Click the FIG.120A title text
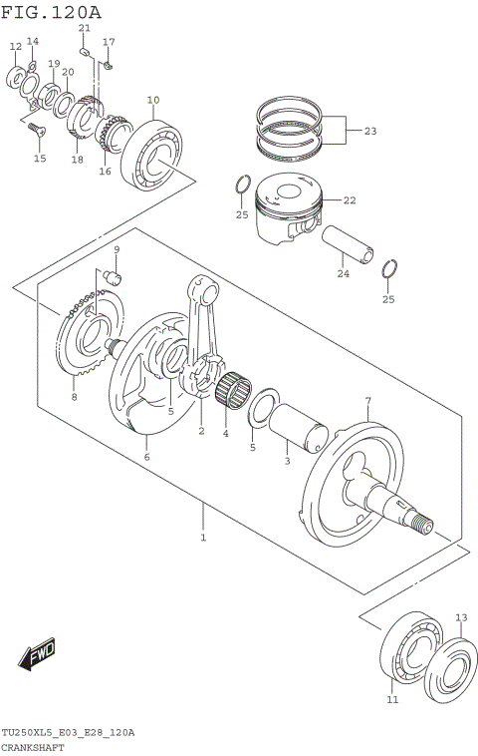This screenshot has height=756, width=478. pos(51,12)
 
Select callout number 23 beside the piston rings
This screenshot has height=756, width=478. pos(369,131)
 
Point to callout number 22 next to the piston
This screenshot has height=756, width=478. pos(349,200)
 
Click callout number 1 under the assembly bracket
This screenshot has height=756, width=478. pos(203,538)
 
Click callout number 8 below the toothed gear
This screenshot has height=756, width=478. pos(73,397)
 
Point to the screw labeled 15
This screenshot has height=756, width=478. pos(36,129)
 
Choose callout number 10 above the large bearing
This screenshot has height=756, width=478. pos(153,100)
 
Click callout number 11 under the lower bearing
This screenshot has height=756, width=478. pos(391,701)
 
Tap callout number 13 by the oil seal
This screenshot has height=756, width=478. pos(460,617)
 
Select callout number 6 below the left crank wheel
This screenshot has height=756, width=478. pos(146,456)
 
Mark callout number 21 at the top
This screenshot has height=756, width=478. pos(84,28)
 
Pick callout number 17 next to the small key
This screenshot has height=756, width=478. pos(109,43)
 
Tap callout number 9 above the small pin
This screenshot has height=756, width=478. pos(117,249)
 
